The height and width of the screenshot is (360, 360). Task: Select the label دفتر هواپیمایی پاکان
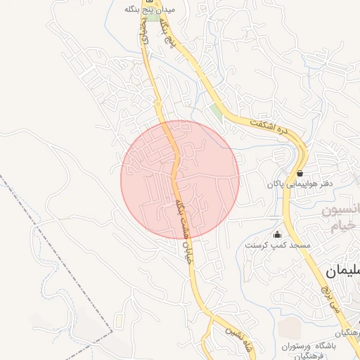click(x=299, y=184)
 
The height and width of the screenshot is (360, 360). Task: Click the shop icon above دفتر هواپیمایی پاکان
click(x=300, y=172)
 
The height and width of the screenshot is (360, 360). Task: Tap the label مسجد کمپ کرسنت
click(x=276, y=245)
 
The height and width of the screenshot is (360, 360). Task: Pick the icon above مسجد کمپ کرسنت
click(x=277, y=235)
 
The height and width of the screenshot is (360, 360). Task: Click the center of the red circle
click(x=180, y=179)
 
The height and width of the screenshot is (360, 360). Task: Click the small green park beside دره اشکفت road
click(x=216, y=110)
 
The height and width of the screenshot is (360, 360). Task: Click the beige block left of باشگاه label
click(x=288, y=327)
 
